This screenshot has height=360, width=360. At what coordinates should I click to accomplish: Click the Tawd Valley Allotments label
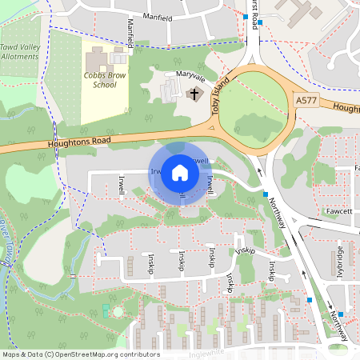pyautogui.click(x=19, y=52)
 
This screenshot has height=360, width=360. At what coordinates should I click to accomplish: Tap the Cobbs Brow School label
pyautogui.click(x=104, y=80)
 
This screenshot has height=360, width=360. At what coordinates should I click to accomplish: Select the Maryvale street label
pyautogui.click(x=190, y=79)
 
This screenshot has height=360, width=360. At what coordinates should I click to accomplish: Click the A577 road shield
pyautogui.click(x=306, y=101)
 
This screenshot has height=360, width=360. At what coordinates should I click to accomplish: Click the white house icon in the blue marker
pyautogui.click(x=180, y=173)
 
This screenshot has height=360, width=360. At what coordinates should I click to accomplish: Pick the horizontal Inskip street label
pyautogui.click(x=246, y=250)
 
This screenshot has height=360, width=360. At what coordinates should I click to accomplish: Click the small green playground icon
pyautogui.click(x=106, y=308)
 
